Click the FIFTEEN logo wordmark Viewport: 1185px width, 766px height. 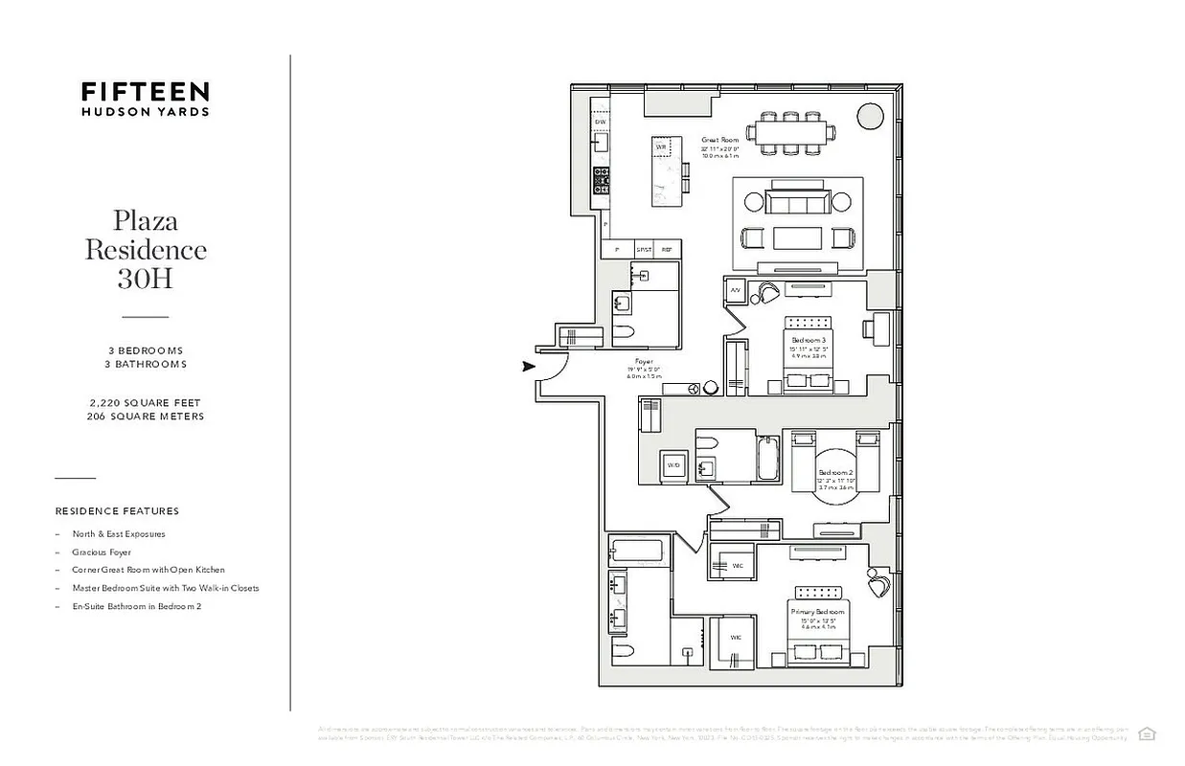145,92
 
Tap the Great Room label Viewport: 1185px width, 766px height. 718,140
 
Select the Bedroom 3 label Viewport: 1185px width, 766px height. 809,340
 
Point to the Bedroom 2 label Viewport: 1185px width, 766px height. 835,473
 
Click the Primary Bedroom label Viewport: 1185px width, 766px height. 817,611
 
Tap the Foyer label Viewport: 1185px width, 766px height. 644,362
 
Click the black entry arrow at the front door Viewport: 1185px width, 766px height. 528,366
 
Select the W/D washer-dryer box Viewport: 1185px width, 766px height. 674,466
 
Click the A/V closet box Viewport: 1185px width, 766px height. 736,289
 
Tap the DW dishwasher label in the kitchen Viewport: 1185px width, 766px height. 601,123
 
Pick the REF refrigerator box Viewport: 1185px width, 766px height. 667,249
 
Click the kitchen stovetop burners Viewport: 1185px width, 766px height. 601,178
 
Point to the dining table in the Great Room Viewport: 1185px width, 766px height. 792,133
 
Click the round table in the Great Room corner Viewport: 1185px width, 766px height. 870,116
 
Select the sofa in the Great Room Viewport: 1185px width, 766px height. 798,202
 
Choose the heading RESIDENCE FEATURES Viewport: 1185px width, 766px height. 117,511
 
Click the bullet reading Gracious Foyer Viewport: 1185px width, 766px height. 102,552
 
